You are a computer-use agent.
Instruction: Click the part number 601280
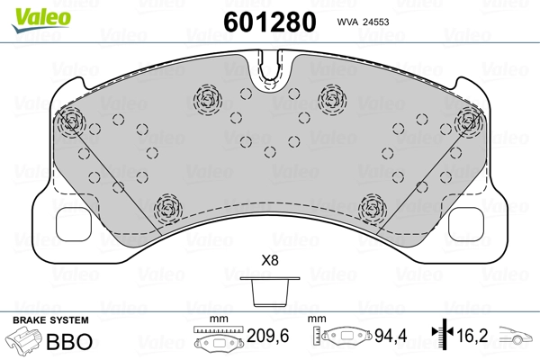(x=270, y=22)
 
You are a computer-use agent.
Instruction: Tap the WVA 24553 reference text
(x=363, y=22)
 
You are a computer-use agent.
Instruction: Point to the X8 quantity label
(x=270, y=260)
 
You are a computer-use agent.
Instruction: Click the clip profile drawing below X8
(x=270, y=292)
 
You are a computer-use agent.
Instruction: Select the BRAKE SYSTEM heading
(x=50, y=320)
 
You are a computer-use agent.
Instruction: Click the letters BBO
(x=69, y=341)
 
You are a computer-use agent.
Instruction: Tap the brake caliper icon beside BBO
(x=24, y=339)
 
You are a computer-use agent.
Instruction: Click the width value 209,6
(x=268, y=336)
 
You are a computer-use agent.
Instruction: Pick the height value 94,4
(x=391, y=336)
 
